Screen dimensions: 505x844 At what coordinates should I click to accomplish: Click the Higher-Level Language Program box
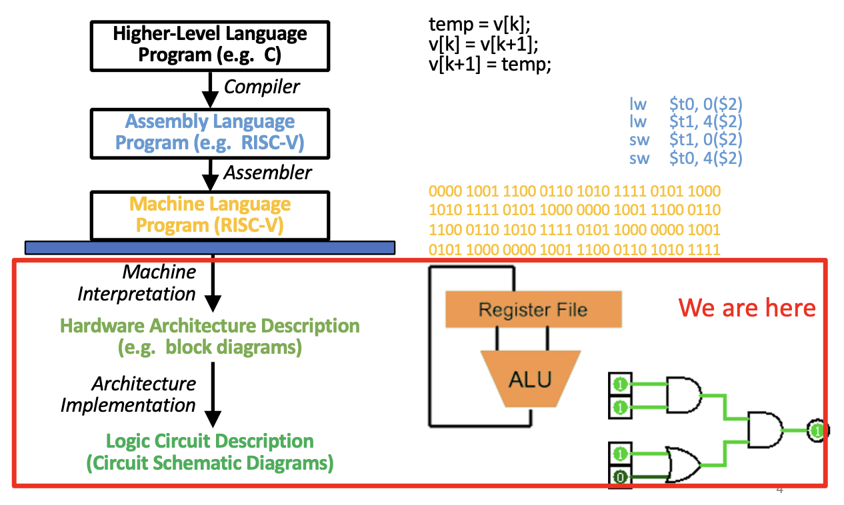209,45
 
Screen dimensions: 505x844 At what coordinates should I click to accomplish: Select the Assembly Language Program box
209,132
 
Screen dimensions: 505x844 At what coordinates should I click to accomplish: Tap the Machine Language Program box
209,215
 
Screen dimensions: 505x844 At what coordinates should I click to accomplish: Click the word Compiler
261,87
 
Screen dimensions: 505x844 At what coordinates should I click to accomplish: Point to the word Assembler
267,173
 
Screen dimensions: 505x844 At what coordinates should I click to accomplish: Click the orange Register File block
533,309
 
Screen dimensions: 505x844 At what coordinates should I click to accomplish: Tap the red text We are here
747,308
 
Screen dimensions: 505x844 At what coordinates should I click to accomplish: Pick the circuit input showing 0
620,476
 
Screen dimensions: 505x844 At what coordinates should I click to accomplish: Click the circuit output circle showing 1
817,430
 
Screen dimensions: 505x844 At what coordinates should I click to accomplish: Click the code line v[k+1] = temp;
489,65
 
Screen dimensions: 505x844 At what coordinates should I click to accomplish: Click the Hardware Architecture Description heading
209,326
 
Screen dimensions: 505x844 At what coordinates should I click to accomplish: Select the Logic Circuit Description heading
209,441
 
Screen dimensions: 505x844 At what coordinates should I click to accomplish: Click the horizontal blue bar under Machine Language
209,248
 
